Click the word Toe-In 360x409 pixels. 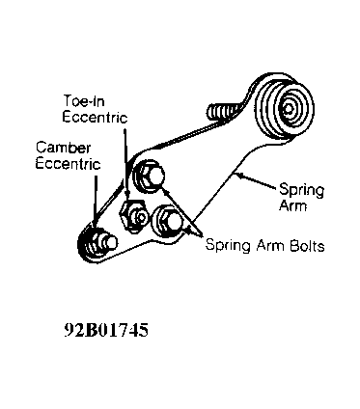84,100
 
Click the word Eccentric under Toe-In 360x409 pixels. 95,117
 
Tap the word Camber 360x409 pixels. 63,148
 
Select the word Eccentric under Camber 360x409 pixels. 68,163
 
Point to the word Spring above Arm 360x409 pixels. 301,190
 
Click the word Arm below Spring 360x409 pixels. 292,205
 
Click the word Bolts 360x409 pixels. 307,246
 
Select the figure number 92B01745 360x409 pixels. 106,330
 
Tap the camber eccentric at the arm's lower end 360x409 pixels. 97,243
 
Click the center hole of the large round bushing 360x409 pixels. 289,109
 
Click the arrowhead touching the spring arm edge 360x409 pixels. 238,176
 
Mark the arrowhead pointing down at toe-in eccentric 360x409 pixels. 127,196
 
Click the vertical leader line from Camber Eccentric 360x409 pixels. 96,200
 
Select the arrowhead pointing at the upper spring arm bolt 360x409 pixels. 165,191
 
